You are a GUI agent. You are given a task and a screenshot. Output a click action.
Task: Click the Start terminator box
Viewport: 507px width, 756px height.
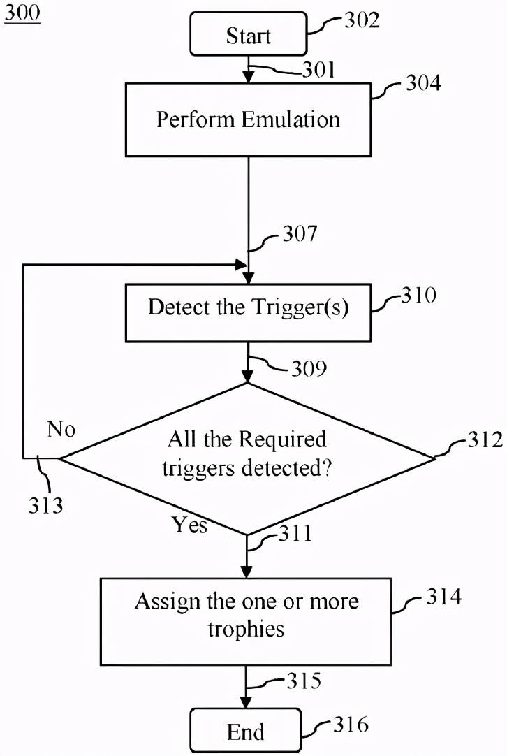(249, 34)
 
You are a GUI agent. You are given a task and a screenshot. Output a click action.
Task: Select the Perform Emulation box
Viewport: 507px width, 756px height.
(248, 119)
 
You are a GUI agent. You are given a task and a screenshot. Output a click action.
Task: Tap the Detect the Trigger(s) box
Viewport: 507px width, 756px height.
(248, 313)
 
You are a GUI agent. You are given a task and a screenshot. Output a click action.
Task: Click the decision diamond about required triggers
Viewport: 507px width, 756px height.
(247, 458)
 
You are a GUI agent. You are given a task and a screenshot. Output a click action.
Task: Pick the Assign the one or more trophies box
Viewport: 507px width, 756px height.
(246, 621)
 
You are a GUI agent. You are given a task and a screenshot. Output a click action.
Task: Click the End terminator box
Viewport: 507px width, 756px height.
(246, 730)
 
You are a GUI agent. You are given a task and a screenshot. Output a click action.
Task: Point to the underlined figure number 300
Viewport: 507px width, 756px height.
(22, 13)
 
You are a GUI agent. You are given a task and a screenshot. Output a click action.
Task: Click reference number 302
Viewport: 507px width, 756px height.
(362, 20)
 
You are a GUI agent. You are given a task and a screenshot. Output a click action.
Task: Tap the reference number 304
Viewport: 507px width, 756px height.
(423, 83)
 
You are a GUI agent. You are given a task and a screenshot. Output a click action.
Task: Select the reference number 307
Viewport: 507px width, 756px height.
(300, 233)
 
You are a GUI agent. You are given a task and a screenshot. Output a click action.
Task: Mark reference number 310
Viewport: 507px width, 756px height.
(418, 295)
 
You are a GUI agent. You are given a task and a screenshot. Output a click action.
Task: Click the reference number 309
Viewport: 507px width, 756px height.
(309, 368)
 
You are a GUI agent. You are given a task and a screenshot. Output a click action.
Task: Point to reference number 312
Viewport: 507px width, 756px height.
(485, 439)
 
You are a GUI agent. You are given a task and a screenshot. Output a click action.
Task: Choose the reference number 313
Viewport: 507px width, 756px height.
(45, 505)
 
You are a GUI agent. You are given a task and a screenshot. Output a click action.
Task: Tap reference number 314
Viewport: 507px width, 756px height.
(443, 597)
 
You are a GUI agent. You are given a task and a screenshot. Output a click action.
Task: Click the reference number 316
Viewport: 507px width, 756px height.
(351, 724)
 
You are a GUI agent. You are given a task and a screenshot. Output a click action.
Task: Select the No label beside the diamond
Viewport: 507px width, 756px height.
(61, 428)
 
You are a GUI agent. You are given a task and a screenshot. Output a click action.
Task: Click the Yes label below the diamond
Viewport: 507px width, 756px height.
(190, 525)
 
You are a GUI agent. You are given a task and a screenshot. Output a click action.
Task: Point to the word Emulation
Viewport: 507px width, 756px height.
(291, 119)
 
